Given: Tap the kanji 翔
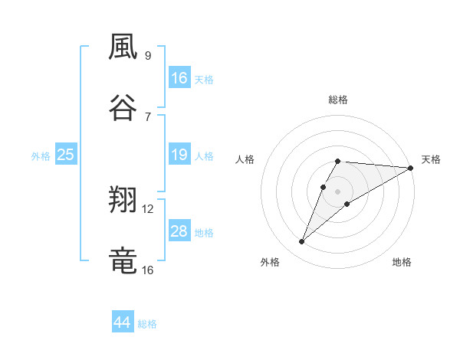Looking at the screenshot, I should [123, 201].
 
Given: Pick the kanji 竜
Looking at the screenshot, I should [123, 261].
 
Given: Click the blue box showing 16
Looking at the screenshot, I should [179, 77].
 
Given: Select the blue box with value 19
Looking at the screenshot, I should [179, 155].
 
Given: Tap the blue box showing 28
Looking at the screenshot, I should [179, 231].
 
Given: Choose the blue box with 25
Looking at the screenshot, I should [66, 155].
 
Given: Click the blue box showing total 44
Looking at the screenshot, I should [123, 322].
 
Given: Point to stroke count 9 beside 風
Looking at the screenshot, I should [148, 55].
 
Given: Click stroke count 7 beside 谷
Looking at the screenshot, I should [148, 116].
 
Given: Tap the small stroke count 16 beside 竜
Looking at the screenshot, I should [148, 270].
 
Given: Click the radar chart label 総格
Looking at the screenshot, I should [338, 100].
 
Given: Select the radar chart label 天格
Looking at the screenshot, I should [431, 159].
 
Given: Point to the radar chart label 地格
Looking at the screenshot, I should [402, 262].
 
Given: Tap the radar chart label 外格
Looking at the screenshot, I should [270, 262].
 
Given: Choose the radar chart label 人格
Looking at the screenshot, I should [245, 159].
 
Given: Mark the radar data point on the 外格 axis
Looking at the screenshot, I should [301, 242].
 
